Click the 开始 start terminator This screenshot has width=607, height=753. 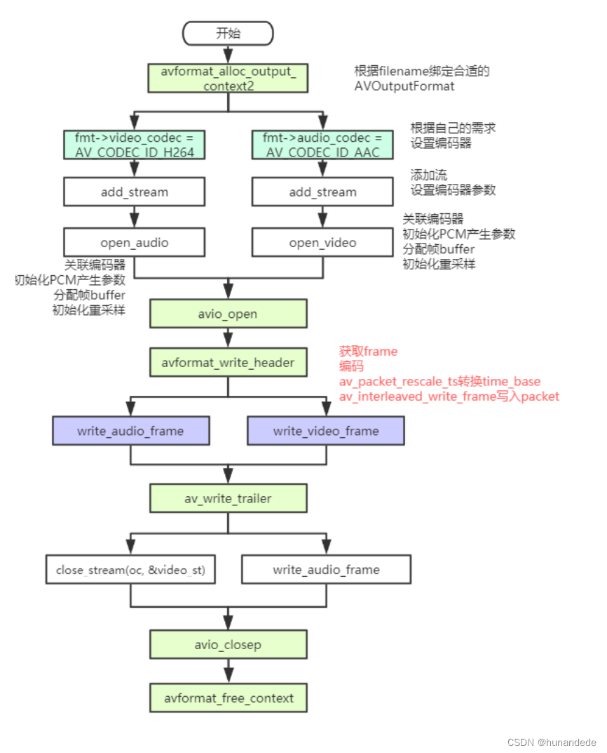click(228, 33)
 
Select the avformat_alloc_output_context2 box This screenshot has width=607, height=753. click(228, 78)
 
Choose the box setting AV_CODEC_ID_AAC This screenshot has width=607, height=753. click(322, 144)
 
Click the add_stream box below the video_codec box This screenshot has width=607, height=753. click(135, 192)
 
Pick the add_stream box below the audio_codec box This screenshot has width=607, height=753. click(322, 192)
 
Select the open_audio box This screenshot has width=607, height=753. click(135, 242)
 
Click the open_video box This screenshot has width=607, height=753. click(322, 242)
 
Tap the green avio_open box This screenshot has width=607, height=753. click(228, 314)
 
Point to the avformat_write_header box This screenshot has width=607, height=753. click(228, 363)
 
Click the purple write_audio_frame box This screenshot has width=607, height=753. click(131, 430)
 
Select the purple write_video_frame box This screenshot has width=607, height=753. click(326, 430)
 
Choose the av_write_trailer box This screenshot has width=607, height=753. click(228, 498)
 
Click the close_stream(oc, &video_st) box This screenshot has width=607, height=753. click(131, 569)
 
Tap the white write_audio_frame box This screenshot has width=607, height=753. click(326, 569)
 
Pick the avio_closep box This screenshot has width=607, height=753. click(228, 644)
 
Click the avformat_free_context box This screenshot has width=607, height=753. click(228, 698)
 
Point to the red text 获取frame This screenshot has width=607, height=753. click(368, 351)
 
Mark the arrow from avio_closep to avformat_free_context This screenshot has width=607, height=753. click(228, 672)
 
